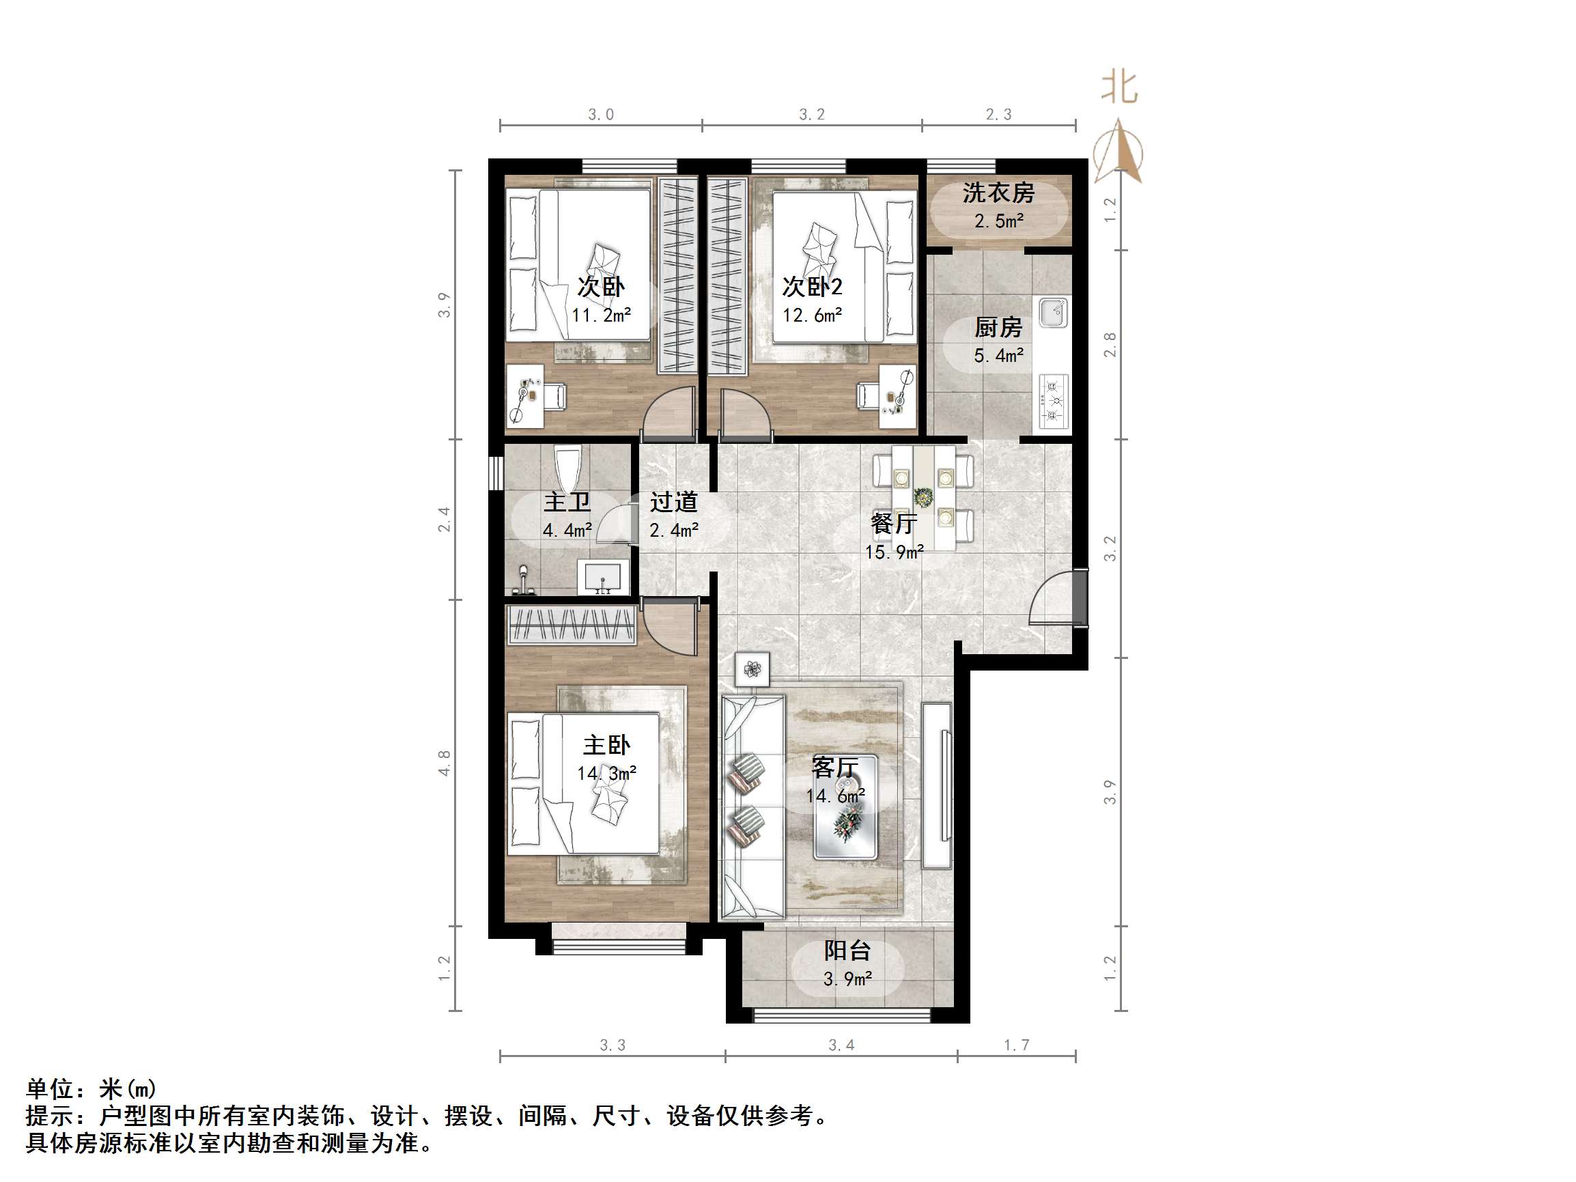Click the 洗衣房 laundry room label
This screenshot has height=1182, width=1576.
[x=998, y=193]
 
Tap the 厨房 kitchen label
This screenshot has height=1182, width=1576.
[x=998, y=328]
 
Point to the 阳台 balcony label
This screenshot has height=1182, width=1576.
[x=847, y=951]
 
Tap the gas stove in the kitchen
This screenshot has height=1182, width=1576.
[x=1053, y=401]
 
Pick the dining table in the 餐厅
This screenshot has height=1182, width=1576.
[x=923, y=496]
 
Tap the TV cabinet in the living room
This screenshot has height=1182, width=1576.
[x=937, y=786]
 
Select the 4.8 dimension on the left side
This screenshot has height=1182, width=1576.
[x=445, y=762]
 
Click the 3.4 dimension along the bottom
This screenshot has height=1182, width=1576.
[x=841, y=1045]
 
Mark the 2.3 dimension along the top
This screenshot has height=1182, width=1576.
[x=998, y=114]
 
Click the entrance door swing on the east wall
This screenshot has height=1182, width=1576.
[x=1053, y=598]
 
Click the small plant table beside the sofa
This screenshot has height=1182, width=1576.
[x=752, y=669]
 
